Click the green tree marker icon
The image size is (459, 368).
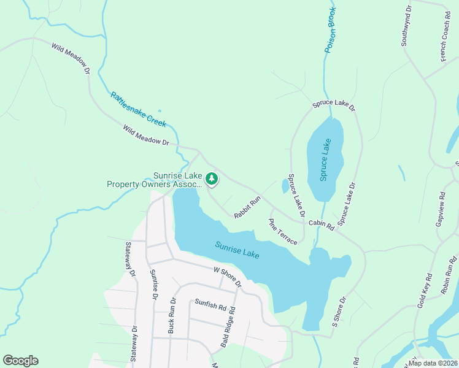click(212, 179)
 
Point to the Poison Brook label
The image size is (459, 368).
click(331, 29)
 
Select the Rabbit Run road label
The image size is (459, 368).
click(247, 207)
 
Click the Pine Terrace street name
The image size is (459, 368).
click(283, 231)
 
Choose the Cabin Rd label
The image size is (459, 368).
click(321, 225)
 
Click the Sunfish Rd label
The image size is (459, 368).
click(210, 302)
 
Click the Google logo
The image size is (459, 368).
click(20, 360)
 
